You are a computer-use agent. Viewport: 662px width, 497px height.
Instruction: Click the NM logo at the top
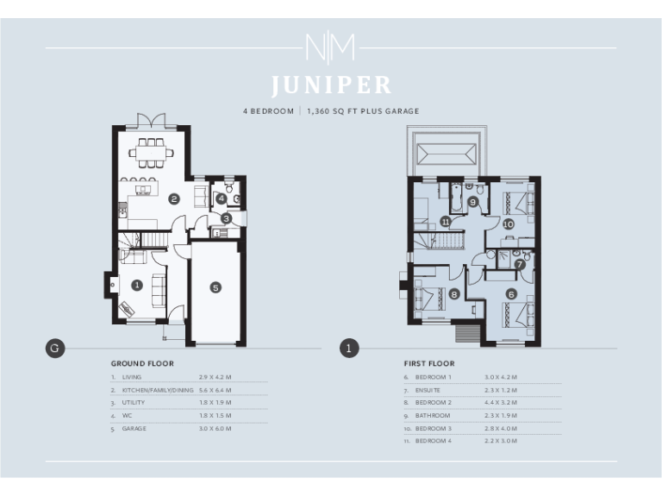(330, 47)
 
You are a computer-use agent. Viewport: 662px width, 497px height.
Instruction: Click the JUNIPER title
(331, 85)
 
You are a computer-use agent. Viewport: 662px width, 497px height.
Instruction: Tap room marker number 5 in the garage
(215, 286)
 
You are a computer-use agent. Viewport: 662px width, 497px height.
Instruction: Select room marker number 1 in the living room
(136, 284)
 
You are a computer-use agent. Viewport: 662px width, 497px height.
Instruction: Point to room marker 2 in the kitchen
(174, 199)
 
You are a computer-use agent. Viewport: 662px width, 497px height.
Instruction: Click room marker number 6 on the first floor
(511, 294)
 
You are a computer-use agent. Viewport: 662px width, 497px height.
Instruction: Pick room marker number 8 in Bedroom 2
(454, 293)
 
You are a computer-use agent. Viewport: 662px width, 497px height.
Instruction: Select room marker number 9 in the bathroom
(473, 202)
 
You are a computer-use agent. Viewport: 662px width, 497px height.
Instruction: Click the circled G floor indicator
(54, 349)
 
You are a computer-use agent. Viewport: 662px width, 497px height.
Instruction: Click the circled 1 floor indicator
(348, 349)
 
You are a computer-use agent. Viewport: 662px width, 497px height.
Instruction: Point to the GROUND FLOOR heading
(142, 364)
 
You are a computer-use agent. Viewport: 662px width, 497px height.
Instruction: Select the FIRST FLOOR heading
(429, 364)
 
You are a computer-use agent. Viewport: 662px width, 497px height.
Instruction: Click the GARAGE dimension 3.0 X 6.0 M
(215, 428)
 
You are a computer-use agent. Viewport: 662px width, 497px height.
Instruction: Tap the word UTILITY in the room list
(134, 402)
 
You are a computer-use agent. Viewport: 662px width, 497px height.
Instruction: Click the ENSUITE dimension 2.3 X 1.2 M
(500, 390)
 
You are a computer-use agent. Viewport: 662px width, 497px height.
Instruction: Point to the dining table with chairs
(151, 151)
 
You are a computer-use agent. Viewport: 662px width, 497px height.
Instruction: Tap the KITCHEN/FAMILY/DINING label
(158, 390)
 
